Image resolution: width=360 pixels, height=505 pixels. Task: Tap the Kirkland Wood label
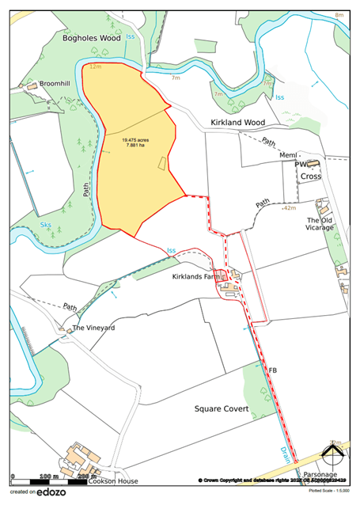[237, 123]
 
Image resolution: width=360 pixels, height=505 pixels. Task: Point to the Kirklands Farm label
[197, 278]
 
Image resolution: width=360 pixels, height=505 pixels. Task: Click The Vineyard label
[94, 328]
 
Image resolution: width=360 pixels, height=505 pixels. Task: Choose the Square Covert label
[222, 409]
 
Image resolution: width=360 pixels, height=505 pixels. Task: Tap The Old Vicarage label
[320, 224]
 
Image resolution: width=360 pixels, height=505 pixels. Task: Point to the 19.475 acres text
[137, 139]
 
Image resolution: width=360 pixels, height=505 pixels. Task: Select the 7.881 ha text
[136, 145]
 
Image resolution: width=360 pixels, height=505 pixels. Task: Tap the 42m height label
[289, 207]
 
